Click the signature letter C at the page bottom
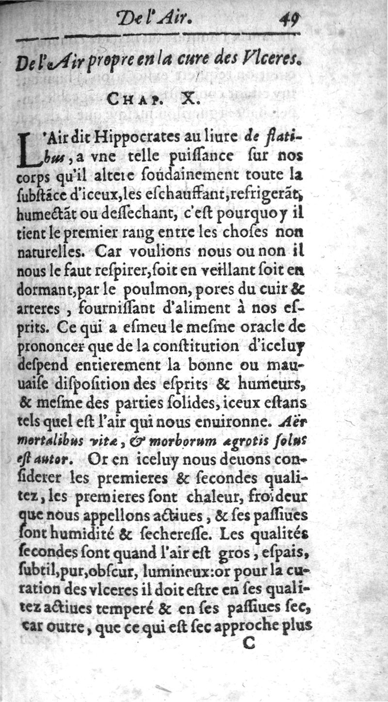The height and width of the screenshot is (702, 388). click(x=248, y=644)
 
